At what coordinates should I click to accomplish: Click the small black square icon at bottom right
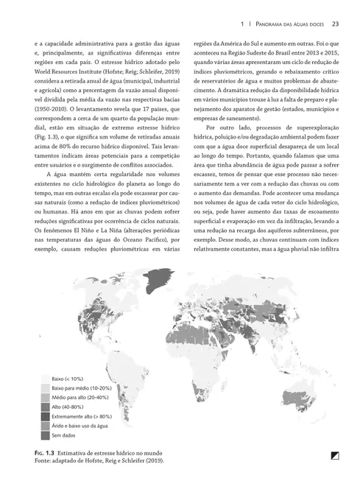click(x=334, y=456)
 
